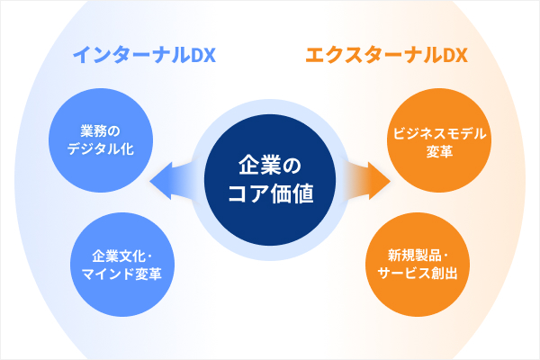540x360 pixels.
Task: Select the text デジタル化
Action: [100, 148]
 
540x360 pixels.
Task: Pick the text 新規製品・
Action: [417, 252]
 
